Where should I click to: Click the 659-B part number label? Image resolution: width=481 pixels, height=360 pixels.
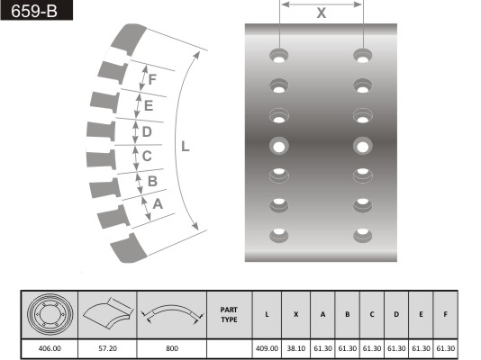click(34, 11)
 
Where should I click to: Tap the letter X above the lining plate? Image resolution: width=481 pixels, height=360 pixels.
click(322, 13)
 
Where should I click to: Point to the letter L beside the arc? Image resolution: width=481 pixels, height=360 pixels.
click(185, 147)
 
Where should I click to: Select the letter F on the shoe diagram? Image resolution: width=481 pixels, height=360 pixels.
click(152, 79)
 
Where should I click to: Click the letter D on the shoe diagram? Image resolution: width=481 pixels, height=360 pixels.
click(147, 131)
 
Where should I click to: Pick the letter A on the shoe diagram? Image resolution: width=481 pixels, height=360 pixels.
click(158, 203)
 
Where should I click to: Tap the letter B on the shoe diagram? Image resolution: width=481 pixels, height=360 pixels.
click(152, 181)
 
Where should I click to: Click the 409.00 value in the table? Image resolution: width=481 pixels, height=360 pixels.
click(267, 348)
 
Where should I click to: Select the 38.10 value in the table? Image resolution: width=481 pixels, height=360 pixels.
click(296, 348)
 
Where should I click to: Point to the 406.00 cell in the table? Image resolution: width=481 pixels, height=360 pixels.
click(50, 348)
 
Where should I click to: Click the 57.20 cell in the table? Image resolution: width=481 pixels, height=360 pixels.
click(107, 348)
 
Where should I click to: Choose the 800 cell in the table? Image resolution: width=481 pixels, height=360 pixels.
click(172, 348)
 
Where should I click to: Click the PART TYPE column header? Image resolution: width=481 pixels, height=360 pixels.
click(229, 315)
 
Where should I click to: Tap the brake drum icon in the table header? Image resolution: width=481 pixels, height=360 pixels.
click(50, 314)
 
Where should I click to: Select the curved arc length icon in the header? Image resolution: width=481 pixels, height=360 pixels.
click(172, 313)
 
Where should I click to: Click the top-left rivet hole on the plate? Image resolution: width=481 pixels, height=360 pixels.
click(279, 56)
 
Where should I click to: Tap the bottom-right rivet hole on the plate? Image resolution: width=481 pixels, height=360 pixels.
click(363, 235)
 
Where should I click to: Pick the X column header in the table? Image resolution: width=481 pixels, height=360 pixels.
click(296, 314)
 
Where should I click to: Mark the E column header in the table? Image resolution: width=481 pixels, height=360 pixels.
click(421, 314)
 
